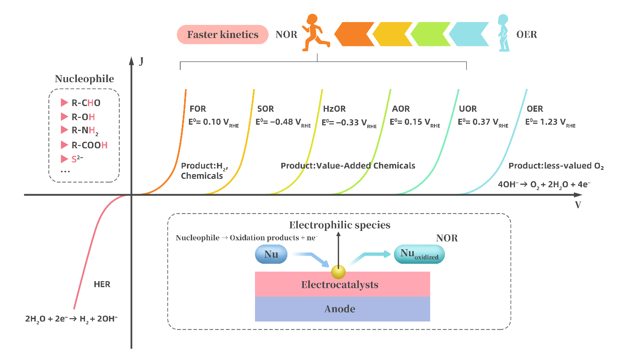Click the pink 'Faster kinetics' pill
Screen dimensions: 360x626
pyautogui.click(x=223, y=35)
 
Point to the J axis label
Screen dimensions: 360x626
pyautogui.click(x=141, y=61)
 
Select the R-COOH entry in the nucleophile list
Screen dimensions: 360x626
pyautogui.click(x=89, y=145)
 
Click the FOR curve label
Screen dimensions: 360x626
pyautogui.click(x=198, y=109)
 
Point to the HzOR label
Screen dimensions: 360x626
pyautogui.click(x=334, y=109)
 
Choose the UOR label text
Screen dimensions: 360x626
pyautogui.click(x=467, y=109)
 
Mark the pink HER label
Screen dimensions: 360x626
pyautogui.click(x=102, y=284)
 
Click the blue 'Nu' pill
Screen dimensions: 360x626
pyautogui.click(x=271, y=254)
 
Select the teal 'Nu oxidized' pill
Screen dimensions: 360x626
pyautogui.click(x=419, y=254)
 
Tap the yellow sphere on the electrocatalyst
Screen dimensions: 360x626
pyautogui.click(x=338, y=272)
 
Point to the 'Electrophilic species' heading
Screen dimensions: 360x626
pyautogui.click(x=340, y=225)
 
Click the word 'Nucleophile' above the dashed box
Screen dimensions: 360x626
pyautogui.click(x=85, y=79)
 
